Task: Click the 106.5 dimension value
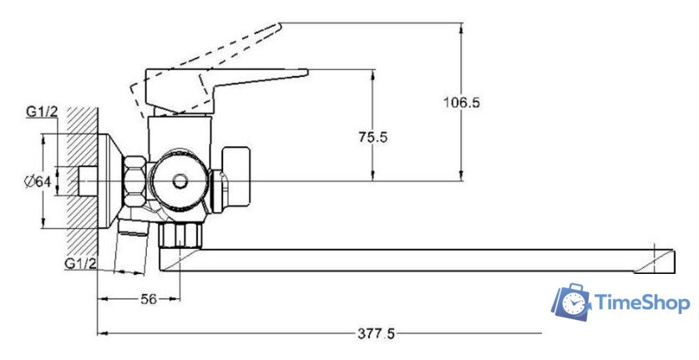point(461,103)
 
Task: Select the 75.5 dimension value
point(373,137)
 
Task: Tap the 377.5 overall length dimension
point(376,333)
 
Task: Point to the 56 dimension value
point(149,299)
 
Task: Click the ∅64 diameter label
point(38,181)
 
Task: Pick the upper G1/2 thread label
point(42,112)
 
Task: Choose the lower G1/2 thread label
point(80,263)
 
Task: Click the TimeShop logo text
point(642,303)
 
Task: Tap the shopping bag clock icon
point(571,302)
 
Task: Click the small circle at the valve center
point(180,181)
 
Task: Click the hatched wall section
point(82,180)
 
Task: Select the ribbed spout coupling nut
point(180,235)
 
